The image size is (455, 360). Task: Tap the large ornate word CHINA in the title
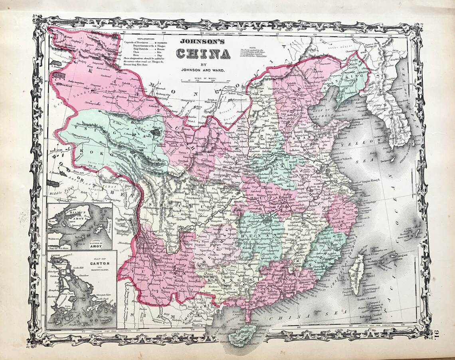[x=204, y=53]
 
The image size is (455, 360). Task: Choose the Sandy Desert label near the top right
[x=338, y=47]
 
